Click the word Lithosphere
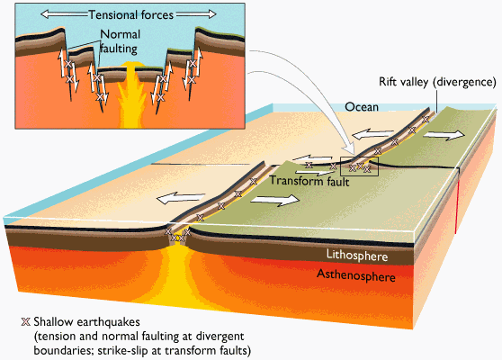click(x=357, y=256)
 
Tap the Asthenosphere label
click(x=356, y=275)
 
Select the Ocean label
click(x=362, y=107)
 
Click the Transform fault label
click(x=309, y=181)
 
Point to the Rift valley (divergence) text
click(x=437, y=82)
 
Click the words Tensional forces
click(x=131, y=14)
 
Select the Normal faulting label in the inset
click(x=120, y=41)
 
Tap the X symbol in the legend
click(x=25, y=322)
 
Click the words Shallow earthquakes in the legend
click(x=86, y=322)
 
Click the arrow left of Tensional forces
click(x=64, y=14)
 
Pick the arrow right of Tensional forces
click(x=196, y=14)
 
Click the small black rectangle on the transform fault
click(x=360, y=166)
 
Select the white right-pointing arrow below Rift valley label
click(x=444, y=135)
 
